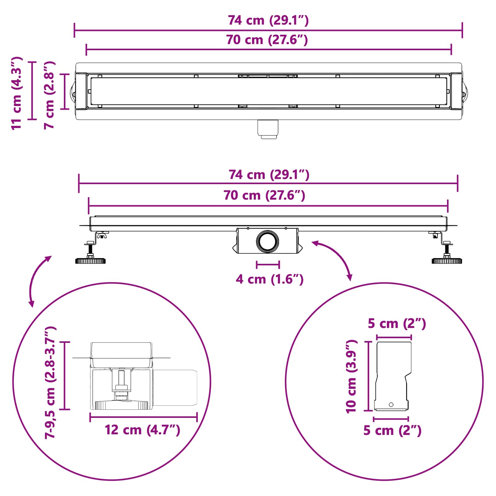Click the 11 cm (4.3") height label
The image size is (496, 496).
(17, 93)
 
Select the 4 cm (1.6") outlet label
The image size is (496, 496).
(269, 279)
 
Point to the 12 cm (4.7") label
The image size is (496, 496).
(142, 430)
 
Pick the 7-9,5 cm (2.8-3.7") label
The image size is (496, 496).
(50, 382)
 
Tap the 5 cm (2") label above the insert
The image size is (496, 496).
(397, 324)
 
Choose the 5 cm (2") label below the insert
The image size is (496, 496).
(392, 431)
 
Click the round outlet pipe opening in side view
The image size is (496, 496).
(267, 241)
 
